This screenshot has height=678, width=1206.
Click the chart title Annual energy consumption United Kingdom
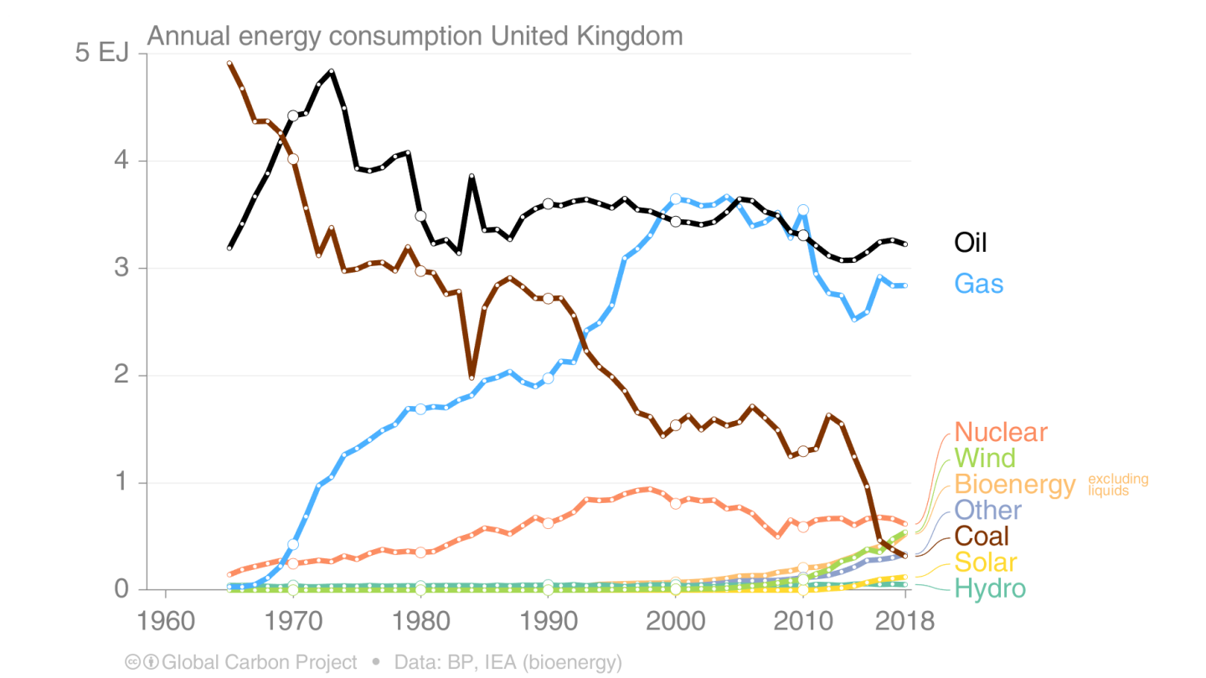click(415, 36)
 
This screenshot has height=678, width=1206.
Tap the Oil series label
click(971, 243)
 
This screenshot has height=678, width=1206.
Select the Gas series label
click(979, 284)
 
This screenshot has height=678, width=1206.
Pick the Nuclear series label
click(1001, 432)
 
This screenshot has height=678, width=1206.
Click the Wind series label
click(985, 458)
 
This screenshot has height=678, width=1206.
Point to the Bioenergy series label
click(1014, 484)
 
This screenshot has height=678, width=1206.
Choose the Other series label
click(988, 510)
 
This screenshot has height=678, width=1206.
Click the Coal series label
click(982, 536)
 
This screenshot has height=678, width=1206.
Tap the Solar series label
click(986, 562)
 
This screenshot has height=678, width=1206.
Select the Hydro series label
click(990, 588)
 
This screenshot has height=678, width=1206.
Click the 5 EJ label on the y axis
click(101, 54)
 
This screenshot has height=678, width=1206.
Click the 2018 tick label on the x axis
click(904, 622)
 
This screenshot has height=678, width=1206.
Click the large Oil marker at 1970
click(293, 116)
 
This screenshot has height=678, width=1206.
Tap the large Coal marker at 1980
click(420, 271)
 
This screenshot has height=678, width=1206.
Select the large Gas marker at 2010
click(803, 210)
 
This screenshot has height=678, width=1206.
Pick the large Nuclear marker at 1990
click(548, 523)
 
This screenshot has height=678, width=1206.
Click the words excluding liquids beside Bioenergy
click(1118, 485)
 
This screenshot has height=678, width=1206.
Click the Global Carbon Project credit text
click(259, 662)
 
